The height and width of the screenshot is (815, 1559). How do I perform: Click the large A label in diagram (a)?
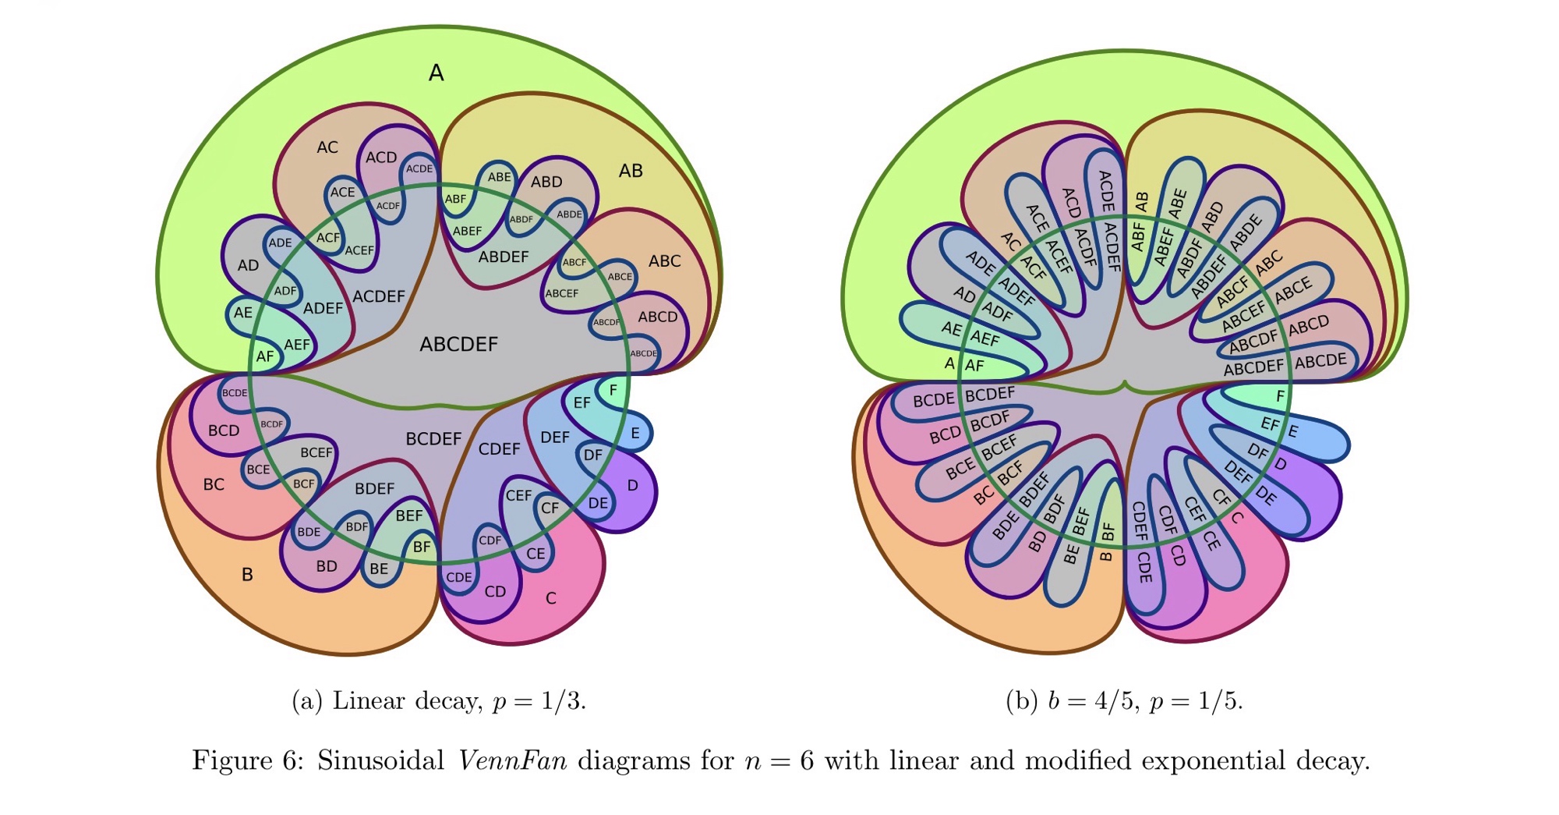tap(436, 73)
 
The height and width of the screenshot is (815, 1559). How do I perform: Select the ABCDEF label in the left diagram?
tap(458, 344)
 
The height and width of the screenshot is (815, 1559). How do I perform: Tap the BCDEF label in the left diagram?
tap(433, 439)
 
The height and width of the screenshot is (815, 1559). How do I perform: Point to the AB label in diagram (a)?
tap(631, 171)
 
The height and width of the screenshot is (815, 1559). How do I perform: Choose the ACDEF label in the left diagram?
tap(379, 296)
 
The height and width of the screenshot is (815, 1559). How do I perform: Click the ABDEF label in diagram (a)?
tap(504, 257)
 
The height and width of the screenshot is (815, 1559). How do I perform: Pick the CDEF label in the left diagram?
tap(499, 449)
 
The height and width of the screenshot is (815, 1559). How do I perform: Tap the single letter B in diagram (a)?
tap(247, 575)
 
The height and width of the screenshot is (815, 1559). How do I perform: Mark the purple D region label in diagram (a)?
tap(632, 485)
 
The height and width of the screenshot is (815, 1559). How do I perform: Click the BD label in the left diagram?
tap(327, 566)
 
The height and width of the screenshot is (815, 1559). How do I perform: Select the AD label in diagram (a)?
tap(248, 265)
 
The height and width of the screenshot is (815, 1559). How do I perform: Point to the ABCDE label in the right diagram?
tap(1320, 361)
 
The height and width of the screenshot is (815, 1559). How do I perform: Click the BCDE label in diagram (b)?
tap(933, 400)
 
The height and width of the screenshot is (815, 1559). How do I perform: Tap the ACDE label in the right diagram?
tap(1105, 191)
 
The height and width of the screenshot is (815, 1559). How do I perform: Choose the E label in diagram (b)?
tap(1293, 431)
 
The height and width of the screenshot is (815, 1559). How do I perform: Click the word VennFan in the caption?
tap(512, 760)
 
